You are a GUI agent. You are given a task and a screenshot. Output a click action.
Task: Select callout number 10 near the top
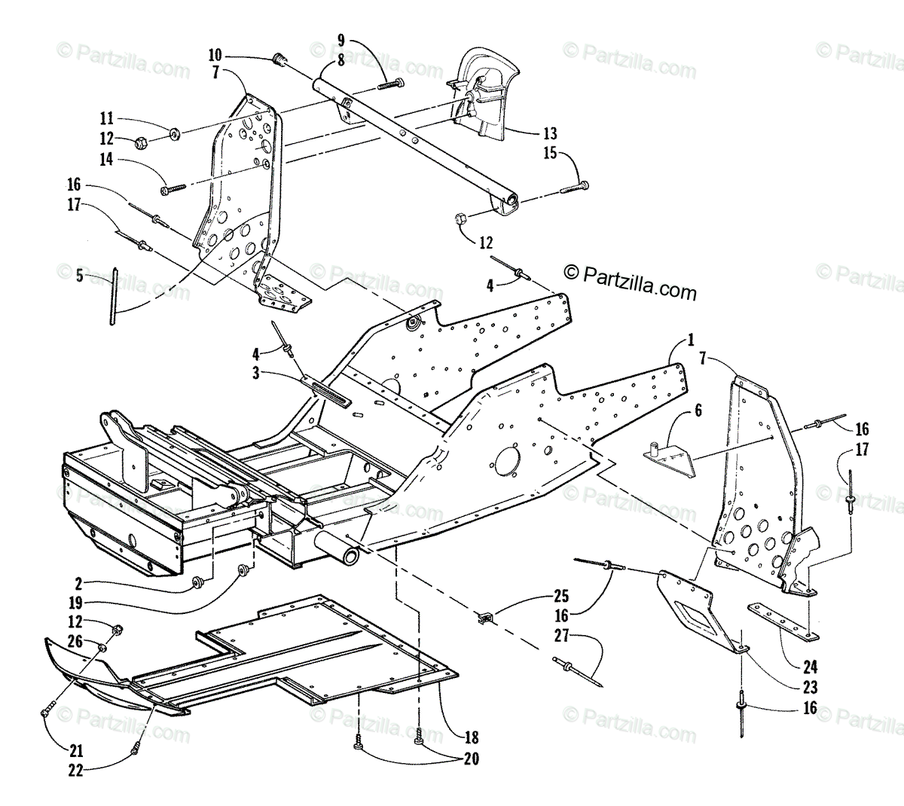(x=215, y=55)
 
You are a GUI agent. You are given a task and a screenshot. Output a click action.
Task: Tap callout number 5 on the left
(x=80, y=276)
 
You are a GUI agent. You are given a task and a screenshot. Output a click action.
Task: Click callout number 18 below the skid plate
(x=472, y=737)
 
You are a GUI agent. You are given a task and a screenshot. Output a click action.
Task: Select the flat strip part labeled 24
(x=783, y=622)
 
